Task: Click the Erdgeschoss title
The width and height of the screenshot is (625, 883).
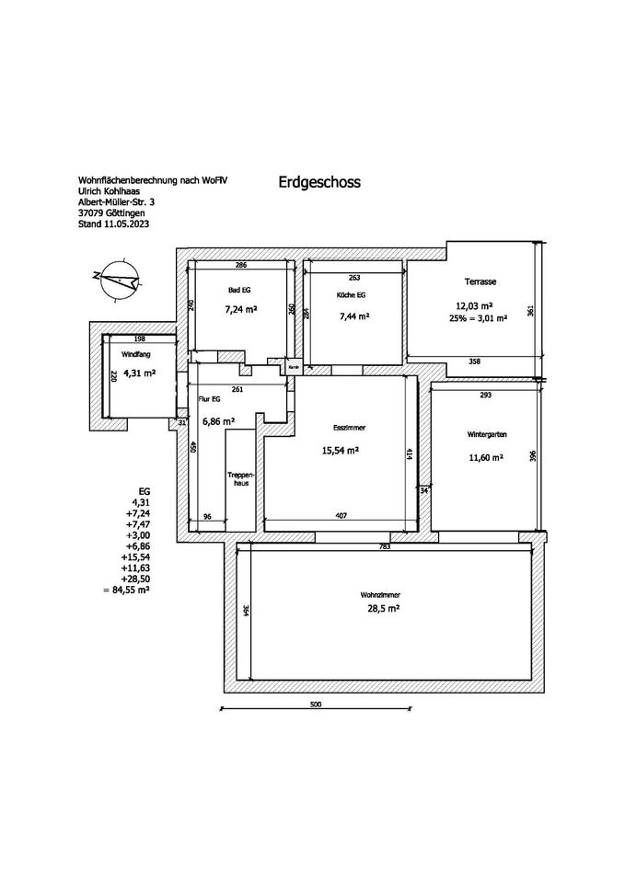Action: pos(318,182)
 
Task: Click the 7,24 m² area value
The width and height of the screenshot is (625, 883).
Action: pos(240,310)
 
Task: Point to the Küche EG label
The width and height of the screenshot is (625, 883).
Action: pos(353,296)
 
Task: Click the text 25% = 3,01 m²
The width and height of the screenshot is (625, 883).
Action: pos(474,319)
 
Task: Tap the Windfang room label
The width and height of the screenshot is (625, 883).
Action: pos(135,353)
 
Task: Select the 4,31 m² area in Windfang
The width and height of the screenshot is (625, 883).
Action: pos(139,373)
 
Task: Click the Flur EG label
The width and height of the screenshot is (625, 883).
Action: pos(209,400)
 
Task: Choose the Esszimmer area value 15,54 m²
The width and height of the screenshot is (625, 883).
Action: pos(340,451)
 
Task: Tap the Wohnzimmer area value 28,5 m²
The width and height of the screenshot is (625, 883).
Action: pos(380,608)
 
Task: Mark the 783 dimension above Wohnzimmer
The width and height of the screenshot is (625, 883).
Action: pos(385,547)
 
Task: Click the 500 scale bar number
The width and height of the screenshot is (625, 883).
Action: pos(315,704)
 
